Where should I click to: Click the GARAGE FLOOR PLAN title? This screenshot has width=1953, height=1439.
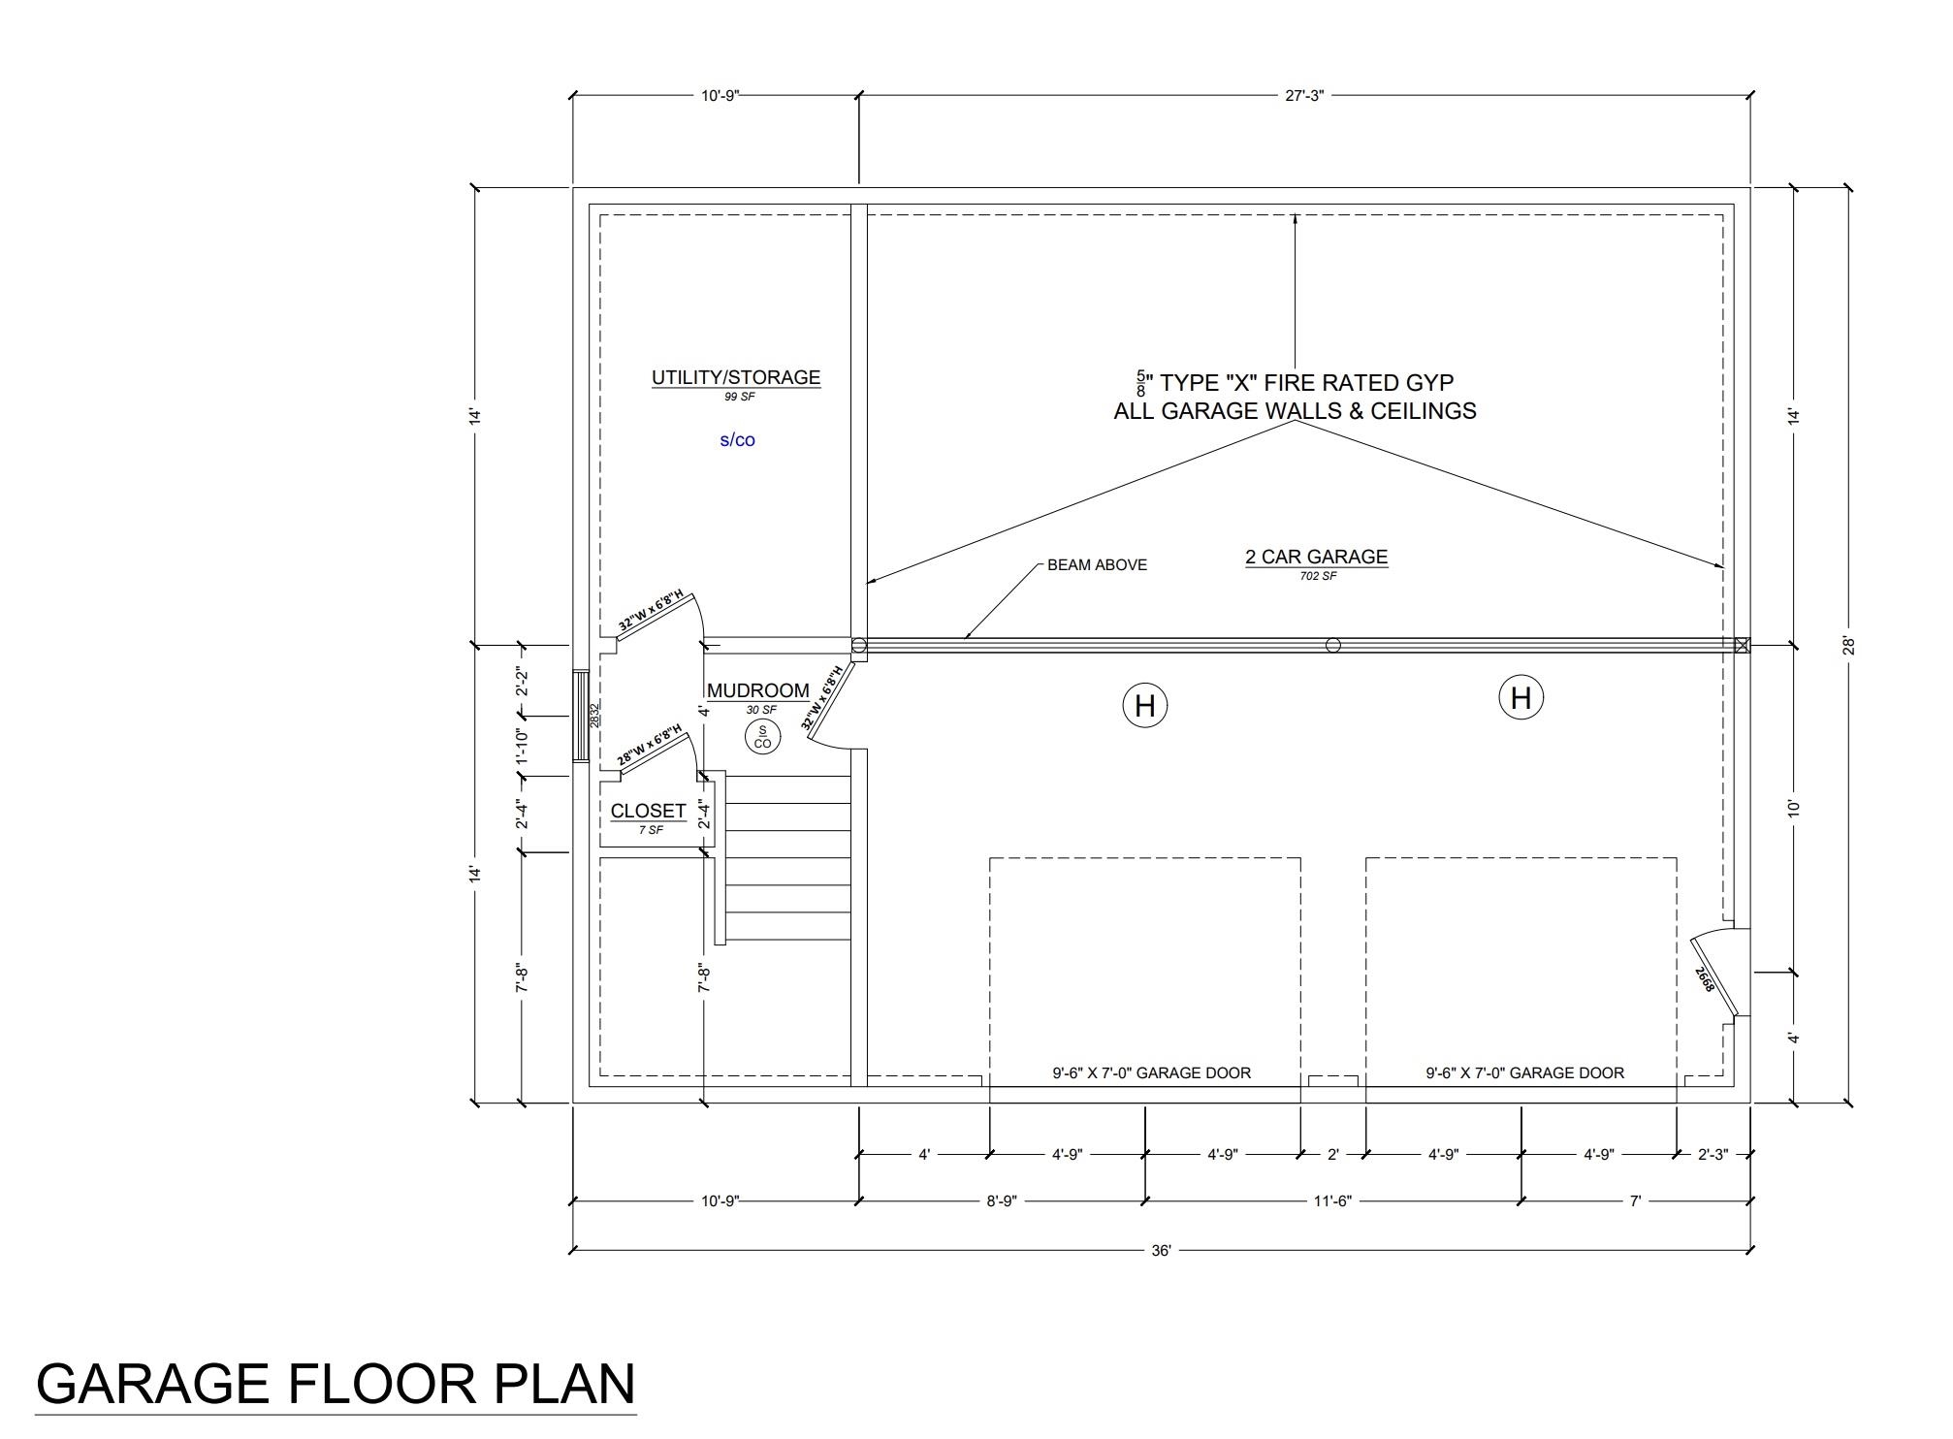point(336,1384)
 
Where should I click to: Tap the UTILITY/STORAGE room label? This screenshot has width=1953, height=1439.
point(736,378)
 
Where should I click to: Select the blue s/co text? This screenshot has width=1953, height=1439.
point(737,440)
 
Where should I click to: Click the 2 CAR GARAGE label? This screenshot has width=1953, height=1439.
point(1316,558)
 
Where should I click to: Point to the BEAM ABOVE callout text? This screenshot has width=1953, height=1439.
point(1097,565)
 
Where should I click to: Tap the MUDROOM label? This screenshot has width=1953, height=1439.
point(758,691)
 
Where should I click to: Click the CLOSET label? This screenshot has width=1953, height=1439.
point(648,812)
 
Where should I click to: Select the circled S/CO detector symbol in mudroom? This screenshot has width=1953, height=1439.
point(762,738)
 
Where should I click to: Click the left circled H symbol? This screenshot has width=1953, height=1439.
point(1144,705)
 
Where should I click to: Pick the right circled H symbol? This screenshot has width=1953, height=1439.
point(1521,698)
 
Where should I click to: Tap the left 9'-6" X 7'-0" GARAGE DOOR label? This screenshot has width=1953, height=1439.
point(1151,1073)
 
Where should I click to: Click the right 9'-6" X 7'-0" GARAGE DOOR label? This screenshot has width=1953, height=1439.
point(1524,1073)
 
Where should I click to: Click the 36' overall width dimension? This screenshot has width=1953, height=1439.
point(1161,1251)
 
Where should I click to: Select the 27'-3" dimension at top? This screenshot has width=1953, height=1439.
point(1304,96)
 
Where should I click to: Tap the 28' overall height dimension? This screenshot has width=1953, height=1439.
point(1848,645)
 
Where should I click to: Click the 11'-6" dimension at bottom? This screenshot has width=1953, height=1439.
point(1332,1201)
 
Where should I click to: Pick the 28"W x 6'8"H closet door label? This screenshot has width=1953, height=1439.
point(650,746)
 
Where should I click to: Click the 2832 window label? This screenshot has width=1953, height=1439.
point(594,715)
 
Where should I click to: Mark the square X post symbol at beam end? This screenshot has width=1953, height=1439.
point(1742,645)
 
